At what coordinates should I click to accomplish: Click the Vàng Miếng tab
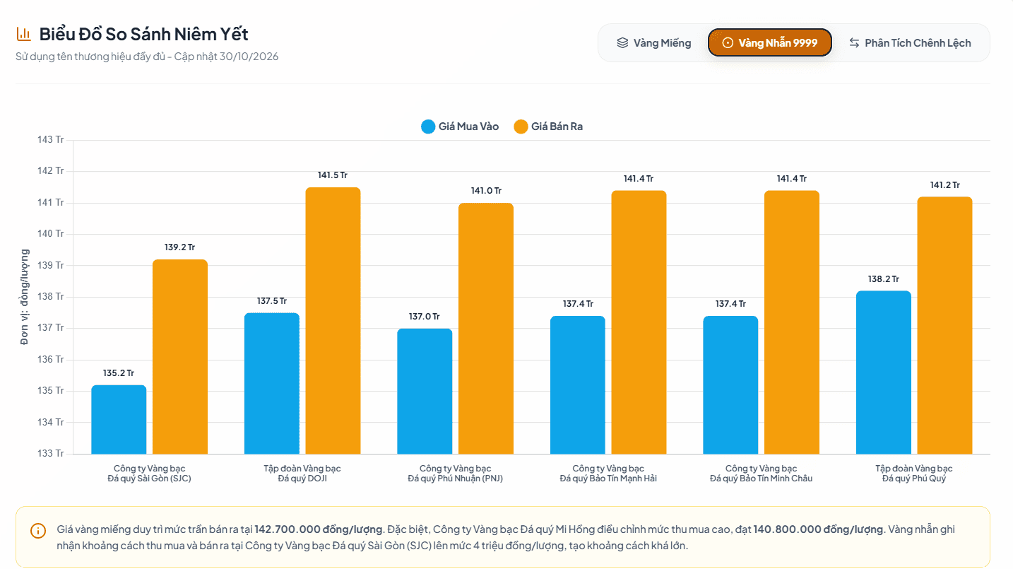pos(654,43)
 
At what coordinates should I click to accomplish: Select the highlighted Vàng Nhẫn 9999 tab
pos(770,43)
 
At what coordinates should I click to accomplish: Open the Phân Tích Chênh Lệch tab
pos(910,43)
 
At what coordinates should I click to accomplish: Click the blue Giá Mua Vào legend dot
pos(428,127)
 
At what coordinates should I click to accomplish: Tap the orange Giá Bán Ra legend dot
pos(521,127)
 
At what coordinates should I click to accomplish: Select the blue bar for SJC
pos(119,420)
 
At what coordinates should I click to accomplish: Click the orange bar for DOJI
pos(333,320)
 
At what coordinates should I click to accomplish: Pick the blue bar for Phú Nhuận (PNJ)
pos(425,391)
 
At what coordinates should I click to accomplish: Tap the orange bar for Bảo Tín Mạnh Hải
pos(639,322)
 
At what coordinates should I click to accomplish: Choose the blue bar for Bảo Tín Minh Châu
pos(730,385)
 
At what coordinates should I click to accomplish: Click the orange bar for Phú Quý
pos(944,325)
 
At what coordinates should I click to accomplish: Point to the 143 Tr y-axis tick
pos(51,139)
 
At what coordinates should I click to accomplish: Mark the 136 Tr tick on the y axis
pos(51,359)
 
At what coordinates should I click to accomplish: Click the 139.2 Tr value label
pos(179,247)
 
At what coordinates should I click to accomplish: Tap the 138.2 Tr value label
pos(883,278)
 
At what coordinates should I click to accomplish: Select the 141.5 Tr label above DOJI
pos(333,175)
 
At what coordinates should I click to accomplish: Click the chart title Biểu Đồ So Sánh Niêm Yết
pos(144,35)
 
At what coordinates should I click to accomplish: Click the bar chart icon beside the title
pos(23,34)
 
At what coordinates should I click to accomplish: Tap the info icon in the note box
pos(38,531)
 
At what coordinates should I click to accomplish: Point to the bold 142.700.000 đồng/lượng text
pos(319,529)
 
